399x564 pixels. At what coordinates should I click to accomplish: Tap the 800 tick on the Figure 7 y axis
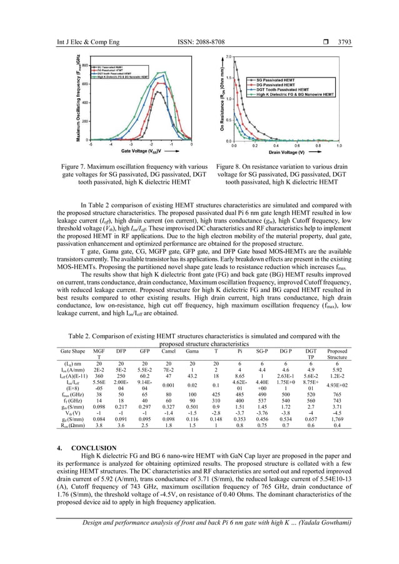pyautogui.click(x=83, y=64)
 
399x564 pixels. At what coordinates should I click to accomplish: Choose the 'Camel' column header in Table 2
pyautogui.click(x=168, y=351)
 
